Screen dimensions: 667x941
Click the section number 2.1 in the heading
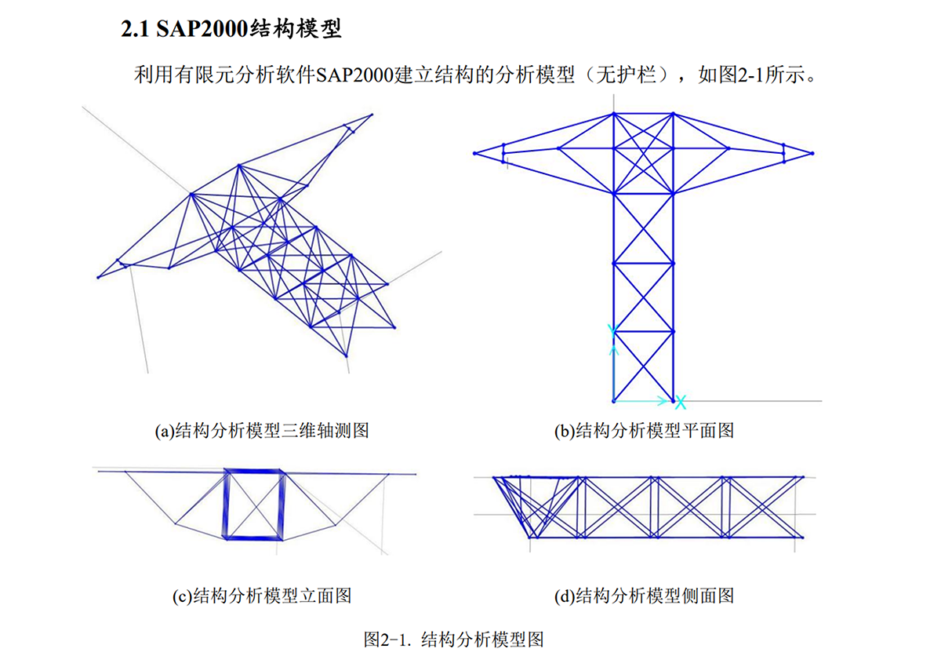tap(136, 30)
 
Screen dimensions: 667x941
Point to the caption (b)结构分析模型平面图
tap(644, 430)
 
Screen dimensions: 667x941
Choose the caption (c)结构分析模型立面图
tap(262, 596)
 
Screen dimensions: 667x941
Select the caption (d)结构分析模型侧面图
tap(644, 596)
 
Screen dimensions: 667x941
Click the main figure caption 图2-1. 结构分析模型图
tap(454, 639)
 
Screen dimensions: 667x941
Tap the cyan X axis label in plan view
tap(681, 403)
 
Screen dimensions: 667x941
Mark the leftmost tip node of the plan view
tap(475, 153)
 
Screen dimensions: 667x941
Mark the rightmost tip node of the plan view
tap(813, 153)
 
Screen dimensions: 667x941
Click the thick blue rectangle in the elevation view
tap(253, 504)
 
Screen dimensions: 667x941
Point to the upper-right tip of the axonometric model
tap(372, 115)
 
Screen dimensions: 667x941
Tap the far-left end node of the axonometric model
tap(98, 277)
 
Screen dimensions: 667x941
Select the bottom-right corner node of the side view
tap(802, 537)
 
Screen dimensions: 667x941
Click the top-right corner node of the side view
tap(802, 476)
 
